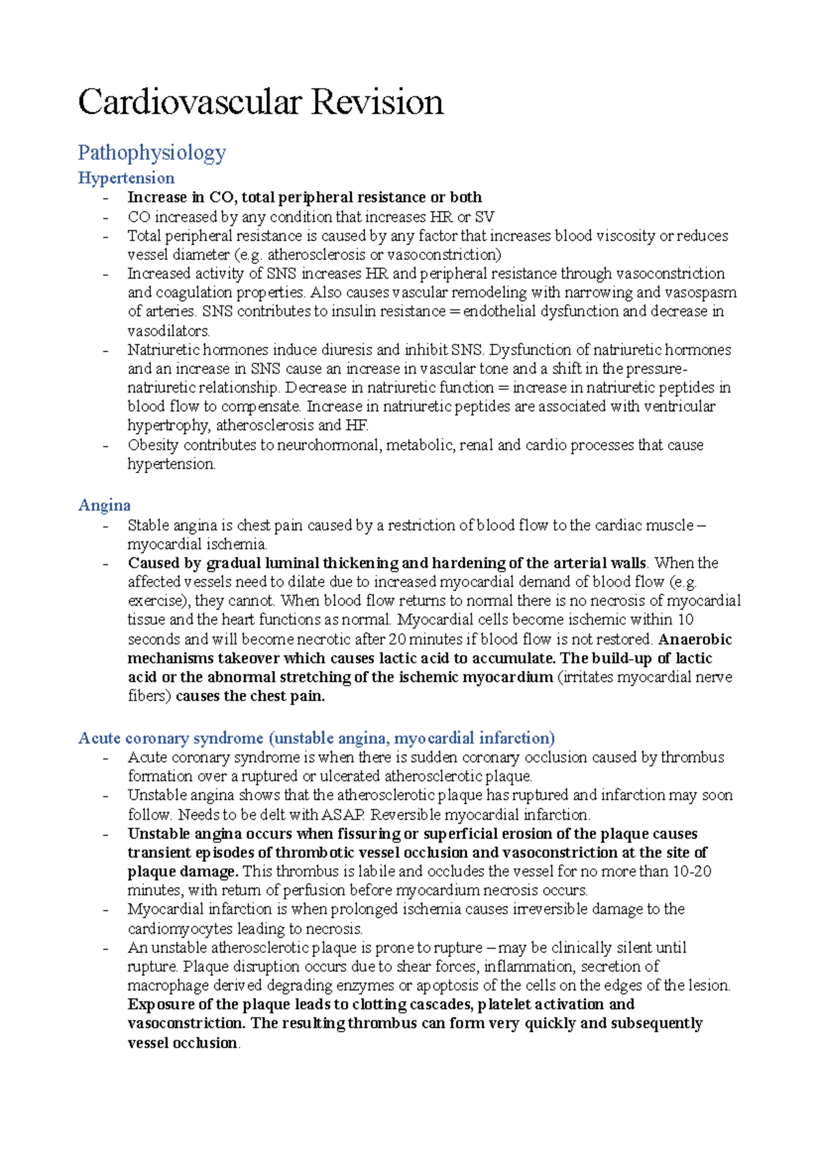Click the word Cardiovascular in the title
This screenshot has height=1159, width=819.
(x=189, y=102)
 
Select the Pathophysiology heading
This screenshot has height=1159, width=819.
(x=152, y=152)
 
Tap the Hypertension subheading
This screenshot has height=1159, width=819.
(x=126, y=178)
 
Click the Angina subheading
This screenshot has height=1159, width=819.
(x=104, y=505)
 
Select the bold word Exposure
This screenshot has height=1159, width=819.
(x=161, y=1005)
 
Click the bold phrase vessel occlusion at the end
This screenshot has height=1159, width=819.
(x=182, y=1043)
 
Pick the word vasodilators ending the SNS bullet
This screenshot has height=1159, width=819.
(x=168, y=331)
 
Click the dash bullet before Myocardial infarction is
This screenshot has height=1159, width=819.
(x=106, y=910)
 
